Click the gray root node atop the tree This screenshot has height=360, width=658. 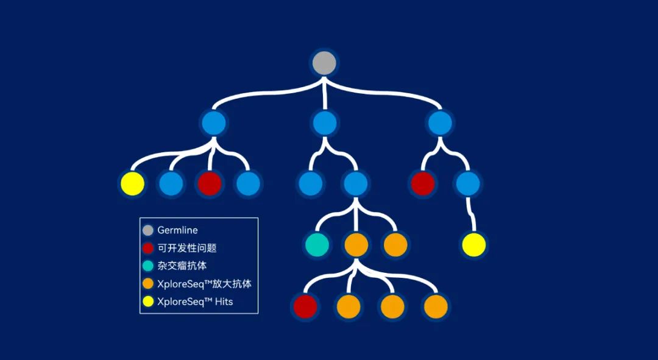(x=324, y=63)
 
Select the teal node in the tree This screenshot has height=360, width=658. (x=317, y=245)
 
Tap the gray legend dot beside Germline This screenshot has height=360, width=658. (x=147, y=230)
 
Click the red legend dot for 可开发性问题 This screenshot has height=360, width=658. (x=147, y=248)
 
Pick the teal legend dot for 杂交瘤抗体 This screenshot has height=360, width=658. (x=147, y=266)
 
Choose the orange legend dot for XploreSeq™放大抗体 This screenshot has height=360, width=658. (x=147, y=284)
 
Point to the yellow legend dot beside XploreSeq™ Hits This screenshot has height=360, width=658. (x=147, y=302)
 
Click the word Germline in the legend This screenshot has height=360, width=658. (x=177, y=230)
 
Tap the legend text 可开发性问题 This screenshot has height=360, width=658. (x=187, y=248)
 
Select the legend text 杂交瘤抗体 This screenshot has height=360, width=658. (x=182, y=266)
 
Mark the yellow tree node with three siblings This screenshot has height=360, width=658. (x=133, y=184)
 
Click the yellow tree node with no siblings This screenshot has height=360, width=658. (x=474, y=245)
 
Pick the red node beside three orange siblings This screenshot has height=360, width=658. (x=305, y=306)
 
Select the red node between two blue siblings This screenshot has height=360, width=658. (x=210, y=184)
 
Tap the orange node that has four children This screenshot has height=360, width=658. (x=356, y=245)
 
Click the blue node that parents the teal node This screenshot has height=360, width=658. (x=356, y=184)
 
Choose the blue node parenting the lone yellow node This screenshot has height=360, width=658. (x=468, y=184)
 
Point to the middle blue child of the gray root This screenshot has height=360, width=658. (x=324, y=124)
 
